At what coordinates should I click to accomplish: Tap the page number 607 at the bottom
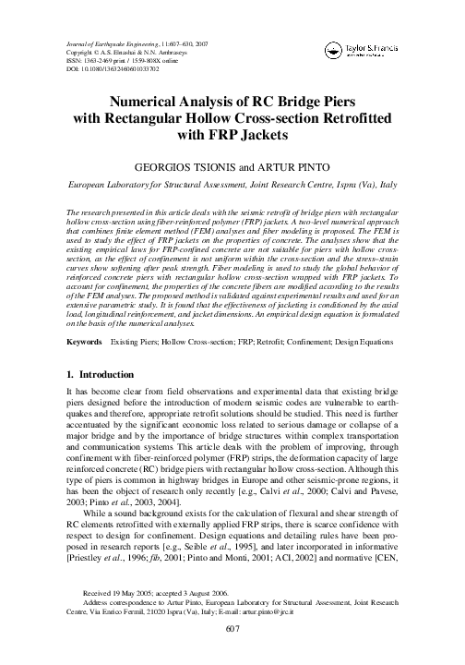tap(232, 629)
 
